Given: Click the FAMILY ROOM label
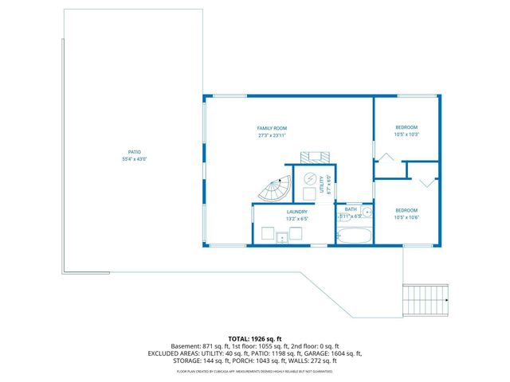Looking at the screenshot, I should (x=272, y=128).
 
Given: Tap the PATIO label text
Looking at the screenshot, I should (x=135, y=152).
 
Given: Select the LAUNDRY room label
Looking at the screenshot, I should (x=296, y=210).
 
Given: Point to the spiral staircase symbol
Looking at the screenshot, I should (x=276, y=190).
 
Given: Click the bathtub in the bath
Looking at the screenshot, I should (x=354, y=235).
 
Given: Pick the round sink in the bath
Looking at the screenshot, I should (x=366, y=213).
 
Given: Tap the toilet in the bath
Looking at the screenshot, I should (x=342, y=215).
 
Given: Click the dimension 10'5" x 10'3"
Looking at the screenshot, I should (x=406, y=134).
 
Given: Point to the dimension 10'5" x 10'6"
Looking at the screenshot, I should (x=406, y=217).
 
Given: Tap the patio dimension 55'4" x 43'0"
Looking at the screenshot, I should (x=135, y=159).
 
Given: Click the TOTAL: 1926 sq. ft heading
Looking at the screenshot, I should (x=255, y=338).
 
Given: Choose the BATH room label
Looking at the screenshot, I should (x=351, y=209).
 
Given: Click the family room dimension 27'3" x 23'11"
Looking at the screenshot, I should (x=272, y=134).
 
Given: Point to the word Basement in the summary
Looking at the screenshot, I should (x=184, y=346).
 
